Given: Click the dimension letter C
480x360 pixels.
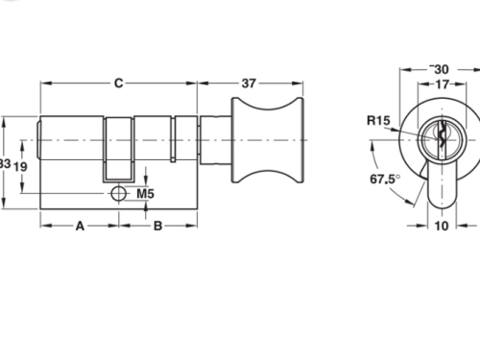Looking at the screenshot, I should pos(118,84).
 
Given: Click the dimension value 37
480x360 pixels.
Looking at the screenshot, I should pos(249,84).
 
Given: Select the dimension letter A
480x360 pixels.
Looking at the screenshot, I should pos(80,228).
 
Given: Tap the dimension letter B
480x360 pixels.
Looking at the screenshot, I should pos(158,228).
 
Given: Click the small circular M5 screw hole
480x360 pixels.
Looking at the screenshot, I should pos(118,194).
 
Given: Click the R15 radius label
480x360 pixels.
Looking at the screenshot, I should pos(377,120).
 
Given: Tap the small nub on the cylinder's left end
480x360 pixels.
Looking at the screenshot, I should pos(38,146).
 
